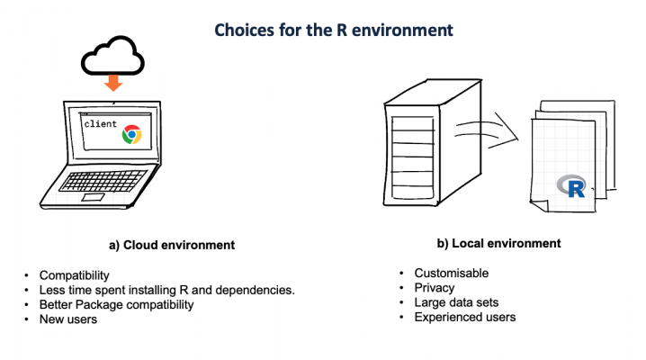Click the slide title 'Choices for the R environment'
[333, 30]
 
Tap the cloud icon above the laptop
[112, 59]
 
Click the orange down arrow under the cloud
[112, 83]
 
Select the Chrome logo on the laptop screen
[131, 134]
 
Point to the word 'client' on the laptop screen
[100, 124]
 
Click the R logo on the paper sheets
[572, 186]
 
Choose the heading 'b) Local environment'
[499, 243]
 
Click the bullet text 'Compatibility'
[76, 275]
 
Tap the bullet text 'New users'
[68, 319]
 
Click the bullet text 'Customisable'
[451, 274]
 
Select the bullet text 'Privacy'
[435, 288]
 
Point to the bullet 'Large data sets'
[456, 302]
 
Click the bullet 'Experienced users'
[465, 317]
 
